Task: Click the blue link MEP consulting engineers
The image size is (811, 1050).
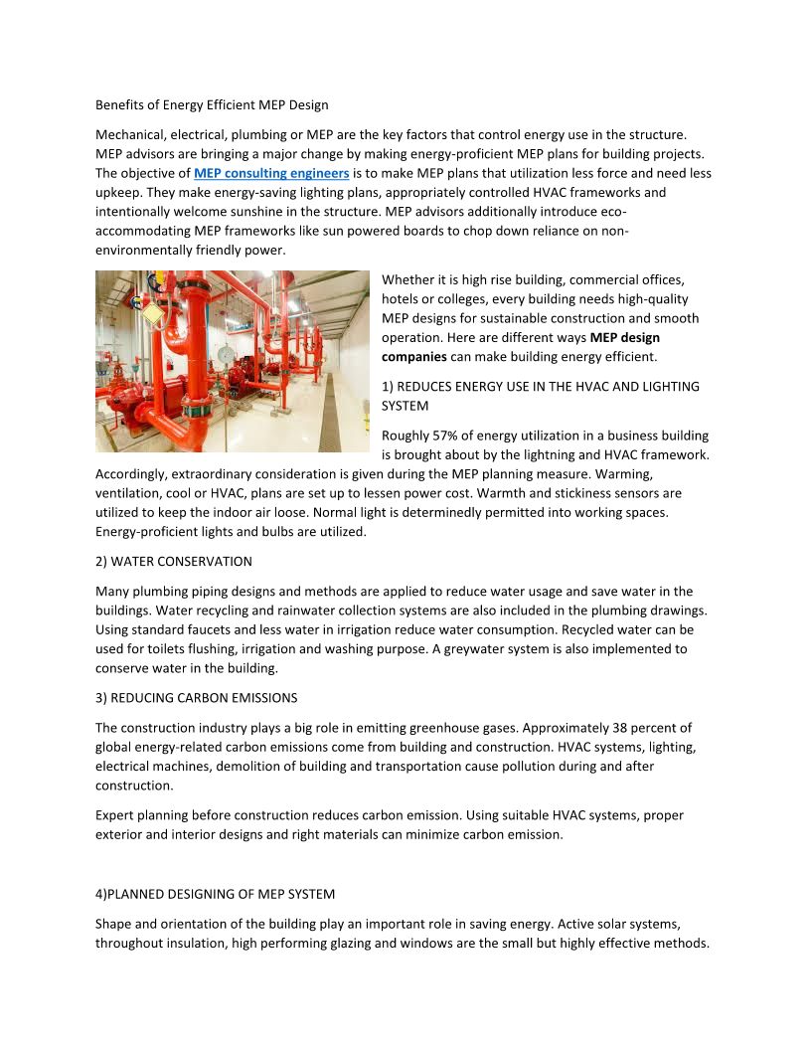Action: click(271, 173)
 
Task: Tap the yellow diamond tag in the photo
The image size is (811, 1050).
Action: click(153, 315)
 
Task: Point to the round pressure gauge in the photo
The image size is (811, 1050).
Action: click(227, 354)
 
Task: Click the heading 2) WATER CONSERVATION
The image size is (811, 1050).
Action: click(173, 562)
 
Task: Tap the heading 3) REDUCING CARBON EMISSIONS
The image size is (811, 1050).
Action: click(196, 698)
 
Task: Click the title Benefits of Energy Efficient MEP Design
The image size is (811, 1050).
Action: click(212, 104)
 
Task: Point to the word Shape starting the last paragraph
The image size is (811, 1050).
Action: click(114, 925)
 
